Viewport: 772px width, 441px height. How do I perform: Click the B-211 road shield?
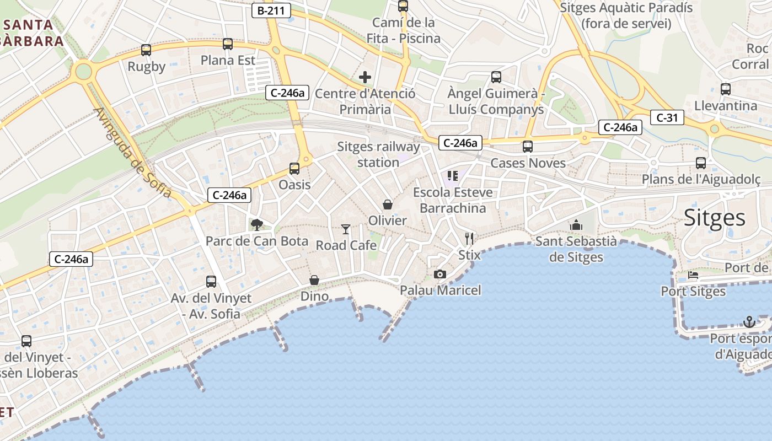point(271,10)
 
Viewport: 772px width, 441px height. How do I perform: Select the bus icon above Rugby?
point(146,50)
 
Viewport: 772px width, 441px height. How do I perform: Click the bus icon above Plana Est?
point(228,44)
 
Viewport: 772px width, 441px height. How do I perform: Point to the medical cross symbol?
point(365,77)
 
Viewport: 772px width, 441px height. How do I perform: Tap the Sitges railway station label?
point(378,154)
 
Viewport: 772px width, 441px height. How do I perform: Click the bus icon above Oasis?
point(294,168)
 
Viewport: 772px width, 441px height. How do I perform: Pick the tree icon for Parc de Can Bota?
point(256,224)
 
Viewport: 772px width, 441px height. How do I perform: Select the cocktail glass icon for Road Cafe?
point(346,229)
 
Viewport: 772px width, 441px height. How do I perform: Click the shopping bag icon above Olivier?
point(388,205)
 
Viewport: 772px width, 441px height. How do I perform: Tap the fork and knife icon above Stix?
point(469,238)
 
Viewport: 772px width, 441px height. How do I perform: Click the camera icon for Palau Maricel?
point(440,274)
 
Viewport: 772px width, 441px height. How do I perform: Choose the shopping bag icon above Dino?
point(314,280)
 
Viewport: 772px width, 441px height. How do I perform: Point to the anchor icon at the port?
point(749,321)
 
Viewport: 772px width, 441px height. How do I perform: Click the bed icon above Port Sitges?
point(693,275)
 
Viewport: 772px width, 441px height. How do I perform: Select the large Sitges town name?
point(715,218)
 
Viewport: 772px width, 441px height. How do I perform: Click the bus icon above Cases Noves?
point(528,147)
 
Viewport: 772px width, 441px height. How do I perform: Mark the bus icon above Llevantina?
point(726,89)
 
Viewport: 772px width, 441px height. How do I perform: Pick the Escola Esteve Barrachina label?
point(453,200)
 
